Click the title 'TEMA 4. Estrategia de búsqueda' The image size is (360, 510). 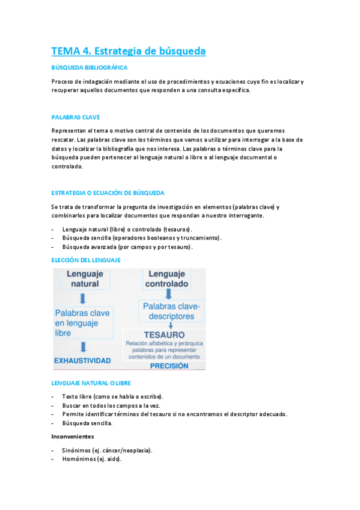[x=128, y=51]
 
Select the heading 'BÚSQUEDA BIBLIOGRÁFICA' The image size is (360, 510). [x=89, y=68]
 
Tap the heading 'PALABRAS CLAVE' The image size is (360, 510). [x=76, y=117]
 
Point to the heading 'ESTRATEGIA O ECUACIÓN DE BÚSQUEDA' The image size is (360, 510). [x=108, y=193]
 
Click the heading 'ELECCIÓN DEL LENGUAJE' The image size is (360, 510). [x=86, y=260]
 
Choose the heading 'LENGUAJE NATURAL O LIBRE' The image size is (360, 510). [x=91, y=383]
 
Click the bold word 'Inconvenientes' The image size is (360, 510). [x=73, y=437]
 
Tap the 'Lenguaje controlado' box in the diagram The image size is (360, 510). [x=166, y=279]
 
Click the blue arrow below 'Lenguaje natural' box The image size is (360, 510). [x=84, y=299]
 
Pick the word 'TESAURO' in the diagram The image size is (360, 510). [x=164, y=334]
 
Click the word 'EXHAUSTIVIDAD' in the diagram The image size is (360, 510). [x=82, y=361]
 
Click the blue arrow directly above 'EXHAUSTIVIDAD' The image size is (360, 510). [x=84, y=346]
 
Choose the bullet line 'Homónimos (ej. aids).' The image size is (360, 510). [x=91, y=459]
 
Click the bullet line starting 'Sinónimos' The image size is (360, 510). [x=107, y=450]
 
